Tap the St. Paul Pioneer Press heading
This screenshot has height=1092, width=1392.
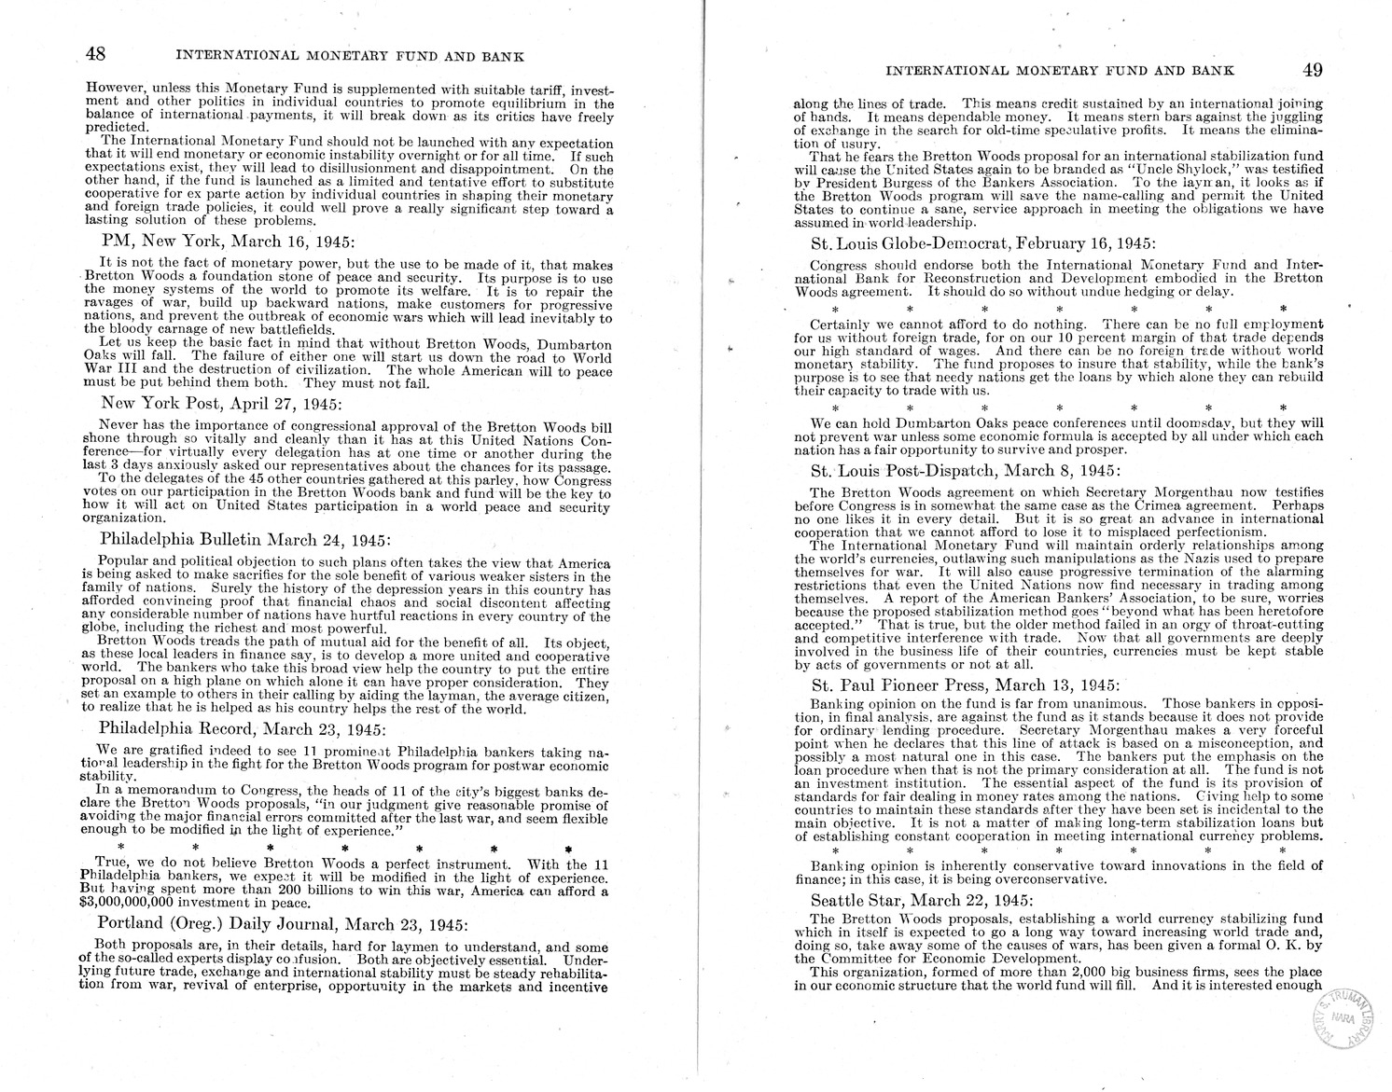click(x=968, y=683)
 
